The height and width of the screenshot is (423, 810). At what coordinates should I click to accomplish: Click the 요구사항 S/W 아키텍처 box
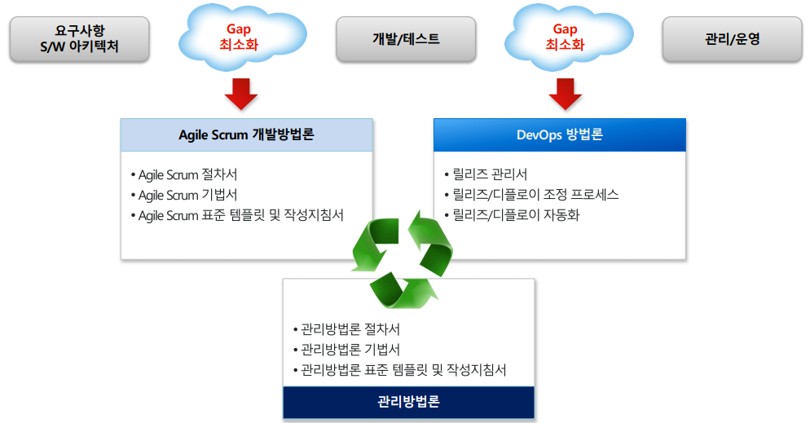[x=80, y=38]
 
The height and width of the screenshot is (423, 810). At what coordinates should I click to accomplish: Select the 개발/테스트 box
[x=406, y=38]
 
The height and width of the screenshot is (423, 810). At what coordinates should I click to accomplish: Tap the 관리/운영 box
[x=732, y=38]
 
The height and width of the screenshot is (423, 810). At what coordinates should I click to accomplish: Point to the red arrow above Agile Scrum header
[x=240, y=94]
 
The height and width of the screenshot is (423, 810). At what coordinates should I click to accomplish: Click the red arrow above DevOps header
[x=565, y=94]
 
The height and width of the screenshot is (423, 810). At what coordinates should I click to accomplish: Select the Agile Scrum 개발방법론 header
[x=246, y=135]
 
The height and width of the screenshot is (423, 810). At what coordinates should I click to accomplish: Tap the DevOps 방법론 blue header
[x=560, y=135]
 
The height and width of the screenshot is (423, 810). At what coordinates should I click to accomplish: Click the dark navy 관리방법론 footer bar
[x=408, y=403]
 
